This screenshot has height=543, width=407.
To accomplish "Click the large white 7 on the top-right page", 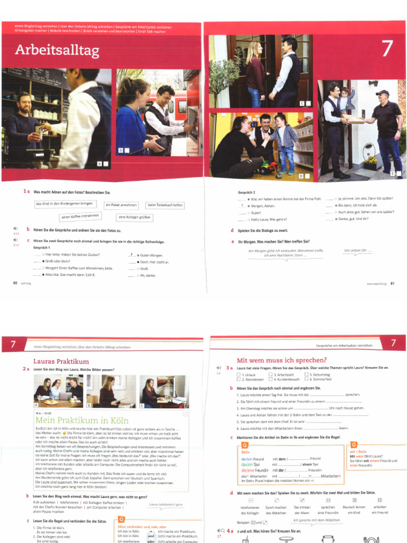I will pyautogui.click(x=387, y=48).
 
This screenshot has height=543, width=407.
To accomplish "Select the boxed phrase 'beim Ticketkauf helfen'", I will pyautogui.click(x=165, y=205).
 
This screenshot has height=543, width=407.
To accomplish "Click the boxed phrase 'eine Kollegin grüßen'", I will pyautogui.click(x=134, y=217).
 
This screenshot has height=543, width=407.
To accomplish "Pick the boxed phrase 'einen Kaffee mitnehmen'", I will pyautogui.click(x=80, y=216).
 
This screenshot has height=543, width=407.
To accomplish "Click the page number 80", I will pyautogui.click(x=15, y=283).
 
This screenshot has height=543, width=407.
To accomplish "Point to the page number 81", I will pyautogui.click(x=392, y=284).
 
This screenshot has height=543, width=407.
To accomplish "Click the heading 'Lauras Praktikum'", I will pyautogui.click(x=60, y=361).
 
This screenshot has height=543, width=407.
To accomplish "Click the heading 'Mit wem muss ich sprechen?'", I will pyautogui.click(x=281, y=360).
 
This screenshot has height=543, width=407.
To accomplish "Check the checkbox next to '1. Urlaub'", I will pyautogui.click(x=238, y=374).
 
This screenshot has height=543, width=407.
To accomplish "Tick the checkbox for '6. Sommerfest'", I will pyautogui.click(x=306, y=379).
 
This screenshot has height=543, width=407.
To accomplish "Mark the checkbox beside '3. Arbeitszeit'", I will pyautogui.click(x=271, y=374).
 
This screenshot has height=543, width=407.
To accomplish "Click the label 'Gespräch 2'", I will pyautogui.click(x=247, y=191).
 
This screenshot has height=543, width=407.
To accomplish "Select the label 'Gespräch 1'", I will pyautogui.click(x=42, y=248).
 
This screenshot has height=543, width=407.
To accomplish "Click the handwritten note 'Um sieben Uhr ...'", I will pyautogui.click(x=358, y=250).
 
